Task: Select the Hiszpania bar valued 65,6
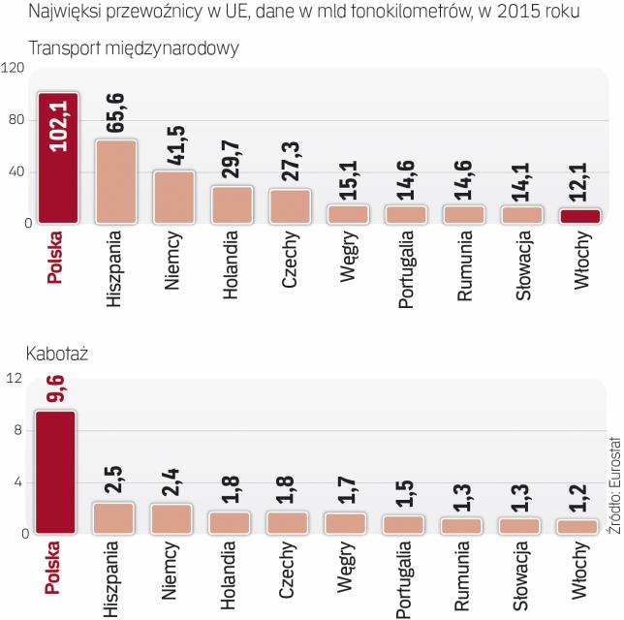pos(115,182)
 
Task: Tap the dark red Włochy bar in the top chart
pos(580,216)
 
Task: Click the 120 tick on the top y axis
pos(14,68)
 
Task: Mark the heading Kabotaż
pos(58,356)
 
